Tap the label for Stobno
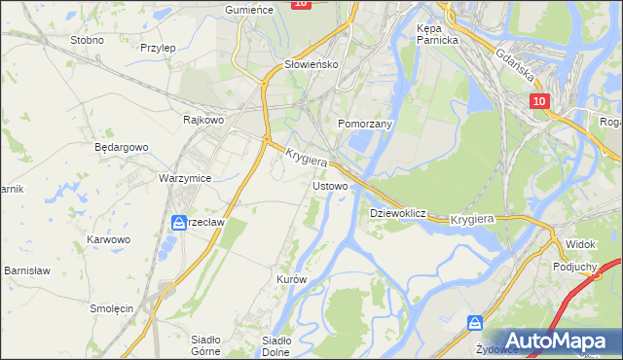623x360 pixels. point(88,41)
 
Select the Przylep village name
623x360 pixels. point(157,47)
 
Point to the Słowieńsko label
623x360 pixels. point(310,64)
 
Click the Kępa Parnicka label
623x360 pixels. point(436,34)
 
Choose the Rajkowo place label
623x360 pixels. point(203,120)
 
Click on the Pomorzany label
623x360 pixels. point(364,125)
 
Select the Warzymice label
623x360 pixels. point(185,179)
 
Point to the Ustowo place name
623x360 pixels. point(330,185)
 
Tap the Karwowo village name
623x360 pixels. point(108,238)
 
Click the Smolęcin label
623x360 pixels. point(111,307)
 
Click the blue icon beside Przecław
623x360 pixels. point(179,223)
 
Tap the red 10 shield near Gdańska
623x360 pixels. point(540,101)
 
